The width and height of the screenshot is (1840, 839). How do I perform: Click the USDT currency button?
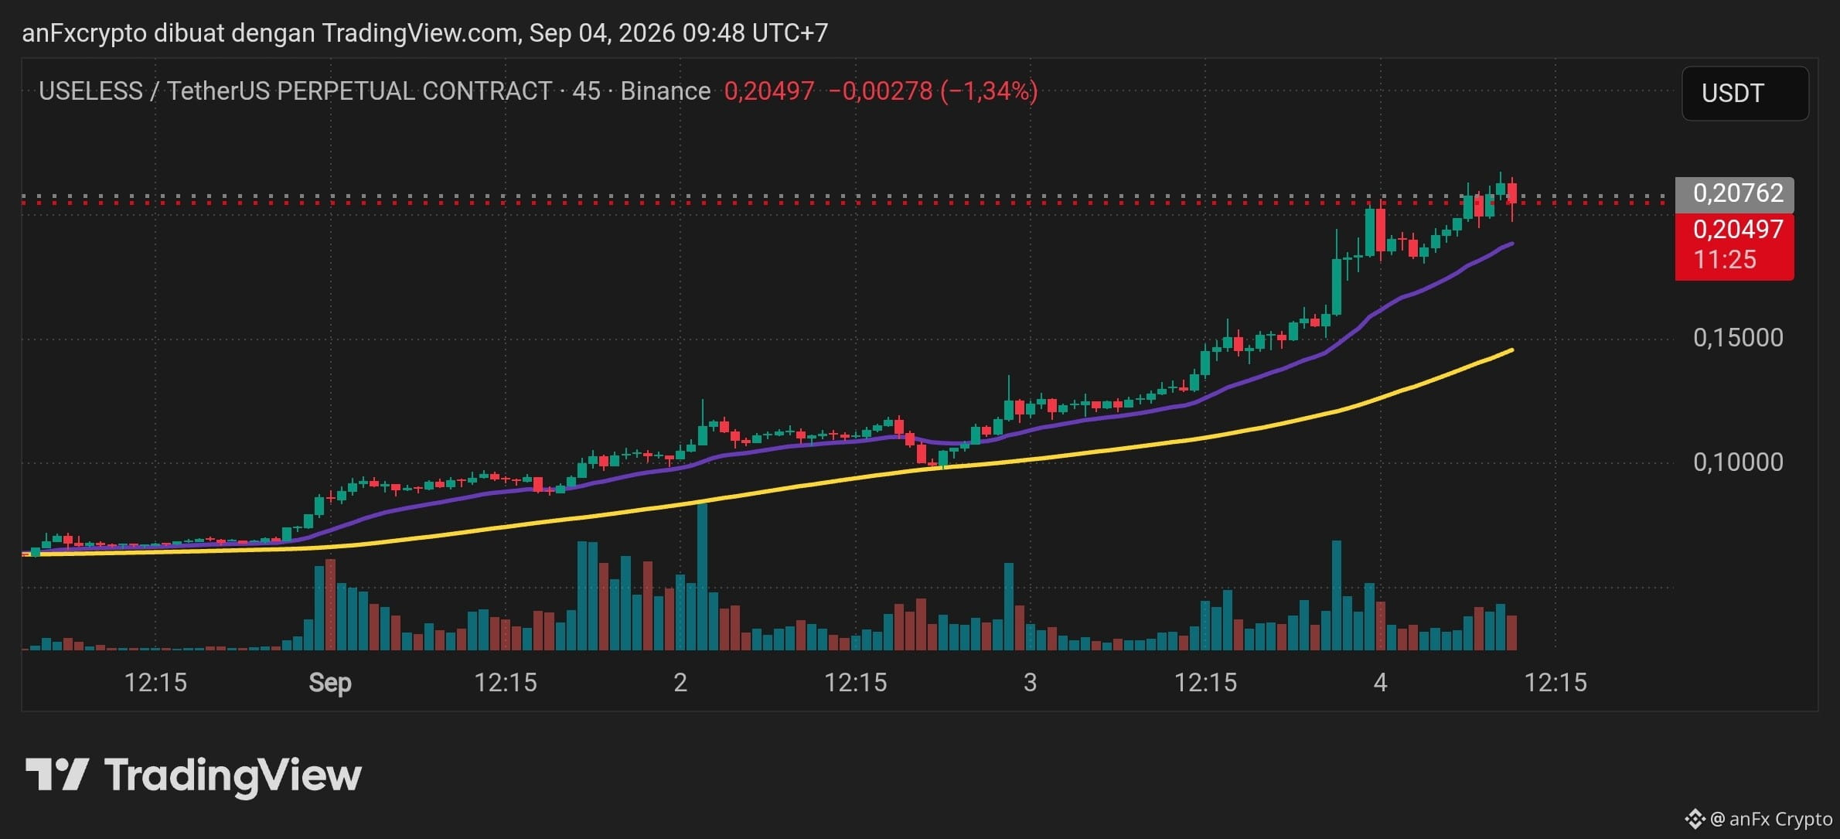1745,93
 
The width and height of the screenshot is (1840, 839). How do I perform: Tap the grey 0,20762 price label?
1734,193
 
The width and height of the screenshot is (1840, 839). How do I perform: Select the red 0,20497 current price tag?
1734,245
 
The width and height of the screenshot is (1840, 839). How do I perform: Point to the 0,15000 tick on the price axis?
1738,337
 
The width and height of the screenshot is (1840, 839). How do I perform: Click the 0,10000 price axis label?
1738,462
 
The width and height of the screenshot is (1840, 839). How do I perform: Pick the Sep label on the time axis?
330,683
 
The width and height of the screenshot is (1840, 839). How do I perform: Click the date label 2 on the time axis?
680,682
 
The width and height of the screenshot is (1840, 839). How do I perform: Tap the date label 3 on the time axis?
1030,682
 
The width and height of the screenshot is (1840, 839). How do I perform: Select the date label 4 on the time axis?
1380,682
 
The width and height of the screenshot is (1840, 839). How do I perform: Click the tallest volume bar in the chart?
702,576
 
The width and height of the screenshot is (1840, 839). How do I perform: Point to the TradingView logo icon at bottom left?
56,774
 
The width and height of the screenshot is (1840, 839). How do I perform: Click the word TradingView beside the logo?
233,776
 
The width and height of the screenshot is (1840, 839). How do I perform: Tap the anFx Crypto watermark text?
1780,819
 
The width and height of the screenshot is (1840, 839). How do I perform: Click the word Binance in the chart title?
665,91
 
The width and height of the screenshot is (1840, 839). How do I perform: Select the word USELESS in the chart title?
90,91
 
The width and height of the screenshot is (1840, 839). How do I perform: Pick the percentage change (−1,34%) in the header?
989,91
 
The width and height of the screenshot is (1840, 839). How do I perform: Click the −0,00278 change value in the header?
881,91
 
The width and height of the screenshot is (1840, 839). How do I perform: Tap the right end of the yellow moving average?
1512,350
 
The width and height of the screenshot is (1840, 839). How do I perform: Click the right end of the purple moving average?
1512,244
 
